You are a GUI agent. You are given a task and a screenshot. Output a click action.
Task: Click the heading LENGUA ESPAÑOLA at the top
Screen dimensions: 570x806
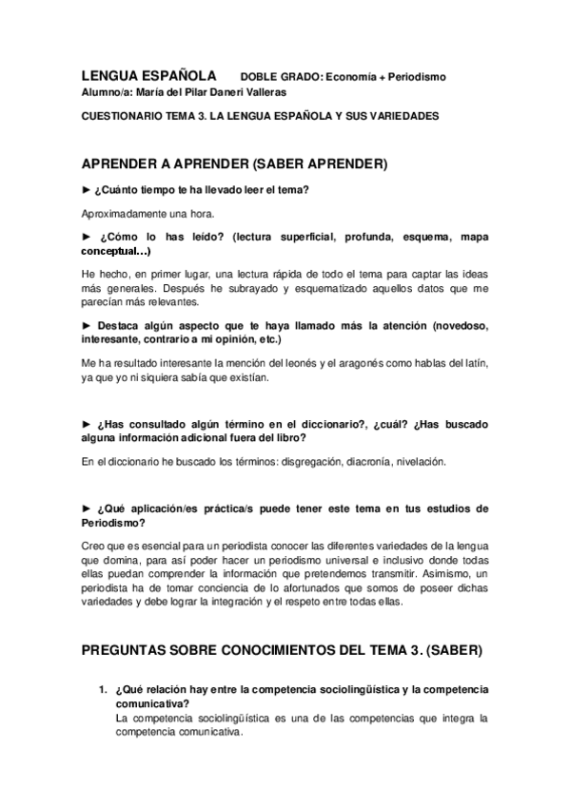148,75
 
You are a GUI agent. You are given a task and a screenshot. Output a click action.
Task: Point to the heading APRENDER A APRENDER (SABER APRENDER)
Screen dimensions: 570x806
234,163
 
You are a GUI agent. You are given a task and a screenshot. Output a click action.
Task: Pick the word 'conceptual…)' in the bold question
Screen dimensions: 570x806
115,251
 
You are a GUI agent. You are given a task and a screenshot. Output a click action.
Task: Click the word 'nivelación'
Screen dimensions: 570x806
419,462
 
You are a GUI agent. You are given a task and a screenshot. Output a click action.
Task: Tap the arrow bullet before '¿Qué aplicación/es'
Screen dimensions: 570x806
87,509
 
